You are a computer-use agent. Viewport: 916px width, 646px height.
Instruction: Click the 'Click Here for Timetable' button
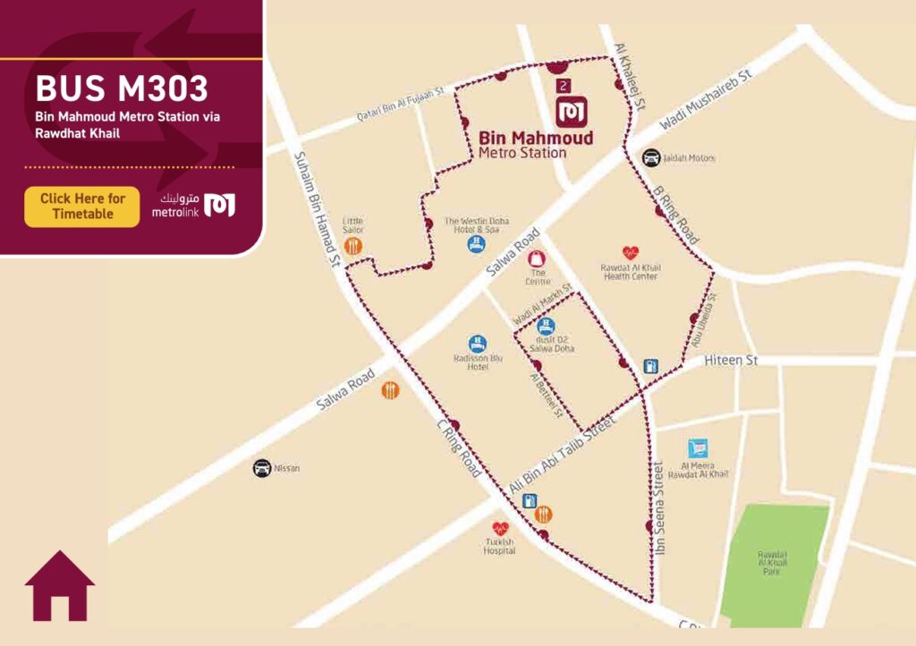tap(82, 206)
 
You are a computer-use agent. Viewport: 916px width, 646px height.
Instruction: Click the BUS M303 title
tap(122, 88)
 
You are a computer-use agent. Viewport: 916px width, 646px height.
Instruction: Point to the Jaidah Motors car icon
tap(651, 158)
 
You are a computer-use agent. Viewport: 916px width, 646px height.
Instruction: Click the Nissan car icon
tap(261, 467)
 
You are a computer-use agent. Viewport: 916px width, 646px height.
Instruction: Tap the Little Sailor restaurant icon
tap(353, 246)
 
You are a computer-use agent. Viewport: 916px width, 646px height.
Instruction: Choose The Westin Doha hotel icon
tap(478, 244)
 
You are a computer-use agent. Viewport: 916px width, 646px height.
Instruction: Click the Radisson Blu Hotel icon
tap(478, 342)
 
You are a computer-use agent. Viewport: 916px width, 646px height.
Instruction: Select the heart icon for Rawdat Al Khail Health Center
tap(630, 253)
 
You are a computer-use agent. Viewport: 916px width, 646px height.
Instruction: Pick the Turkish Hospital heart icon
tap(499, 529)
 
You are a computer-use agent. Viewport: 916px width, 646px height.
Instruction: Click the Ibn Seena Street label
tap(660, 508)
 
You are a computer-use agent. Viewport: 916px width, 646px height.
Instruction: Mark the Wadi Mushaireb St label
tap(705, 96)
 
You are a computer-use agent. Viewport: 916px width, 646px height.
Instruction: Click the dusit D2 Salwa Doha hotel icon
tap(546, 326)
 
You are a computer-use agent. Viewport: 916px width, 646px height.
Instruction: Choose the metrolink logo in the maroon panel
tap(193, 205)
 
